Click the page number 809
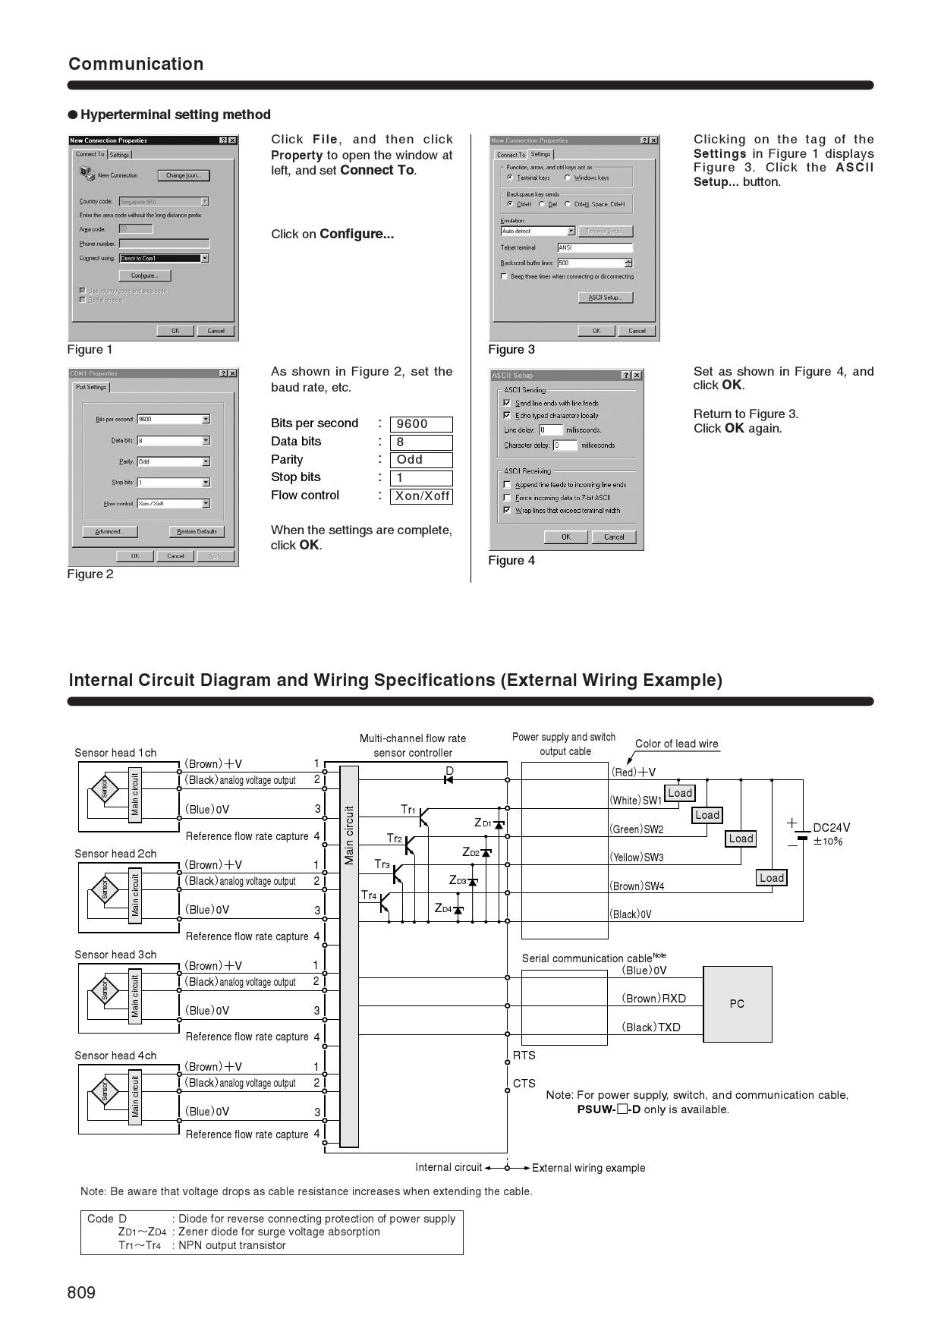click(81, 1292)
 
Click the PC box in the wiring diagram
click(737, 1004)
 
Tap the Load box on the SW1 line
click(680, 793)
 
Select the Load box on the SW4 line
click(772, 878)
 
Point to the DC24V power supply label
click(831, 828)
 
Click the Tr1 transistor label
click(408, 810)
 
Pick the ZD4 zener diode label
click(443, 908)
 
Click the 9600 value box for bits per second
click(421, 424)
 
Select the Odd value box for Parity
click(421, 460)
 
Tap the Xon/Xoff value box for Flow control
click(421, 496)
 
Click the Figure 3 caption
click(511, 350)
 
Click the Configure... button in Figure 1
click(144, 275)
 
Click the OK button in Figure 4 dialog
click(566, 537)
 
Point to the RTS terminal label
click(524, 1056)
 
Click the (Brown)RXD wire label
click(653, 999)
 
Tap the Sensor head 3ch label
click(115, 955)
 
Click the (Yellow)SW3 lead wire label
click(637, 857)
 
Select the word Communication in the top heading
click(136, 64)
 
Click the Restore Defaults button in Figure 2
click(197, 532)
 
